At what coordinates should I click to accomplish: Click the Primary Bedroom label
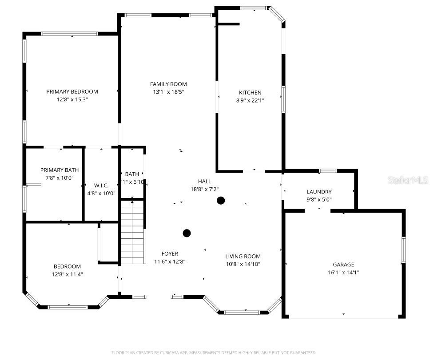[x=72, y=91]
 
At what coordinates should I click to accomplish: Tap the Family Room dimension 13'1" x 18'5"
[x=168, y=92]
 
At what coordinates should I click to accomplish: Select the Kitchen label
[x=250, y=92]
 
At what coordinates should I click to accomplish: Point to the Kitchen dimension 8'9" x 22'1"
[x=250, y=100]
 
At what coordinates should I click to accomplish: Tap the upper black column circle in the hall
[x=220, y=201]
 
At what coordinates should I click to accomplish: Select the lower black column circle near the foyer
[x=187, y=233]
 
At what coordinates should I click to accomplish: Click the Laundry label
[x=319, y=192]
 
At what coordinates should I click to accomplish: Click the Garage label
[x=343, y=265]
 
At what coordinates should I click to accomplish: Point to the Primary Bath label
[x=60, y=170]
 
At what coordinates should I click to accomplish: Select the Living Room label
[x=243, y=256]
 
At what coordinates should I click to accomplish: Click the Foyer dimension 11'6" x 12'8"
[x=170, y=261]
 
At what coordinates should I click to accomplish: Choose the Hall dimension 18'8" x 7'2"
[x=204, y=189]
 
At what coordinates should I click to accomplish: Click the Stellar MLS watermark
[x=407, y=180]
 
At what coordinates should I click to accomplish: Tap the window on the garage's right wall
[x=403, y=251]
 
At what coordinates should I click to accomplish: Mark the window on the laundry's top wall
[x=328, y=171]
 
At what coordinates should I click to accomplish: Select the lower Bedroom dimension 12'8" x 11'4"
[x=68, y=274]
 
